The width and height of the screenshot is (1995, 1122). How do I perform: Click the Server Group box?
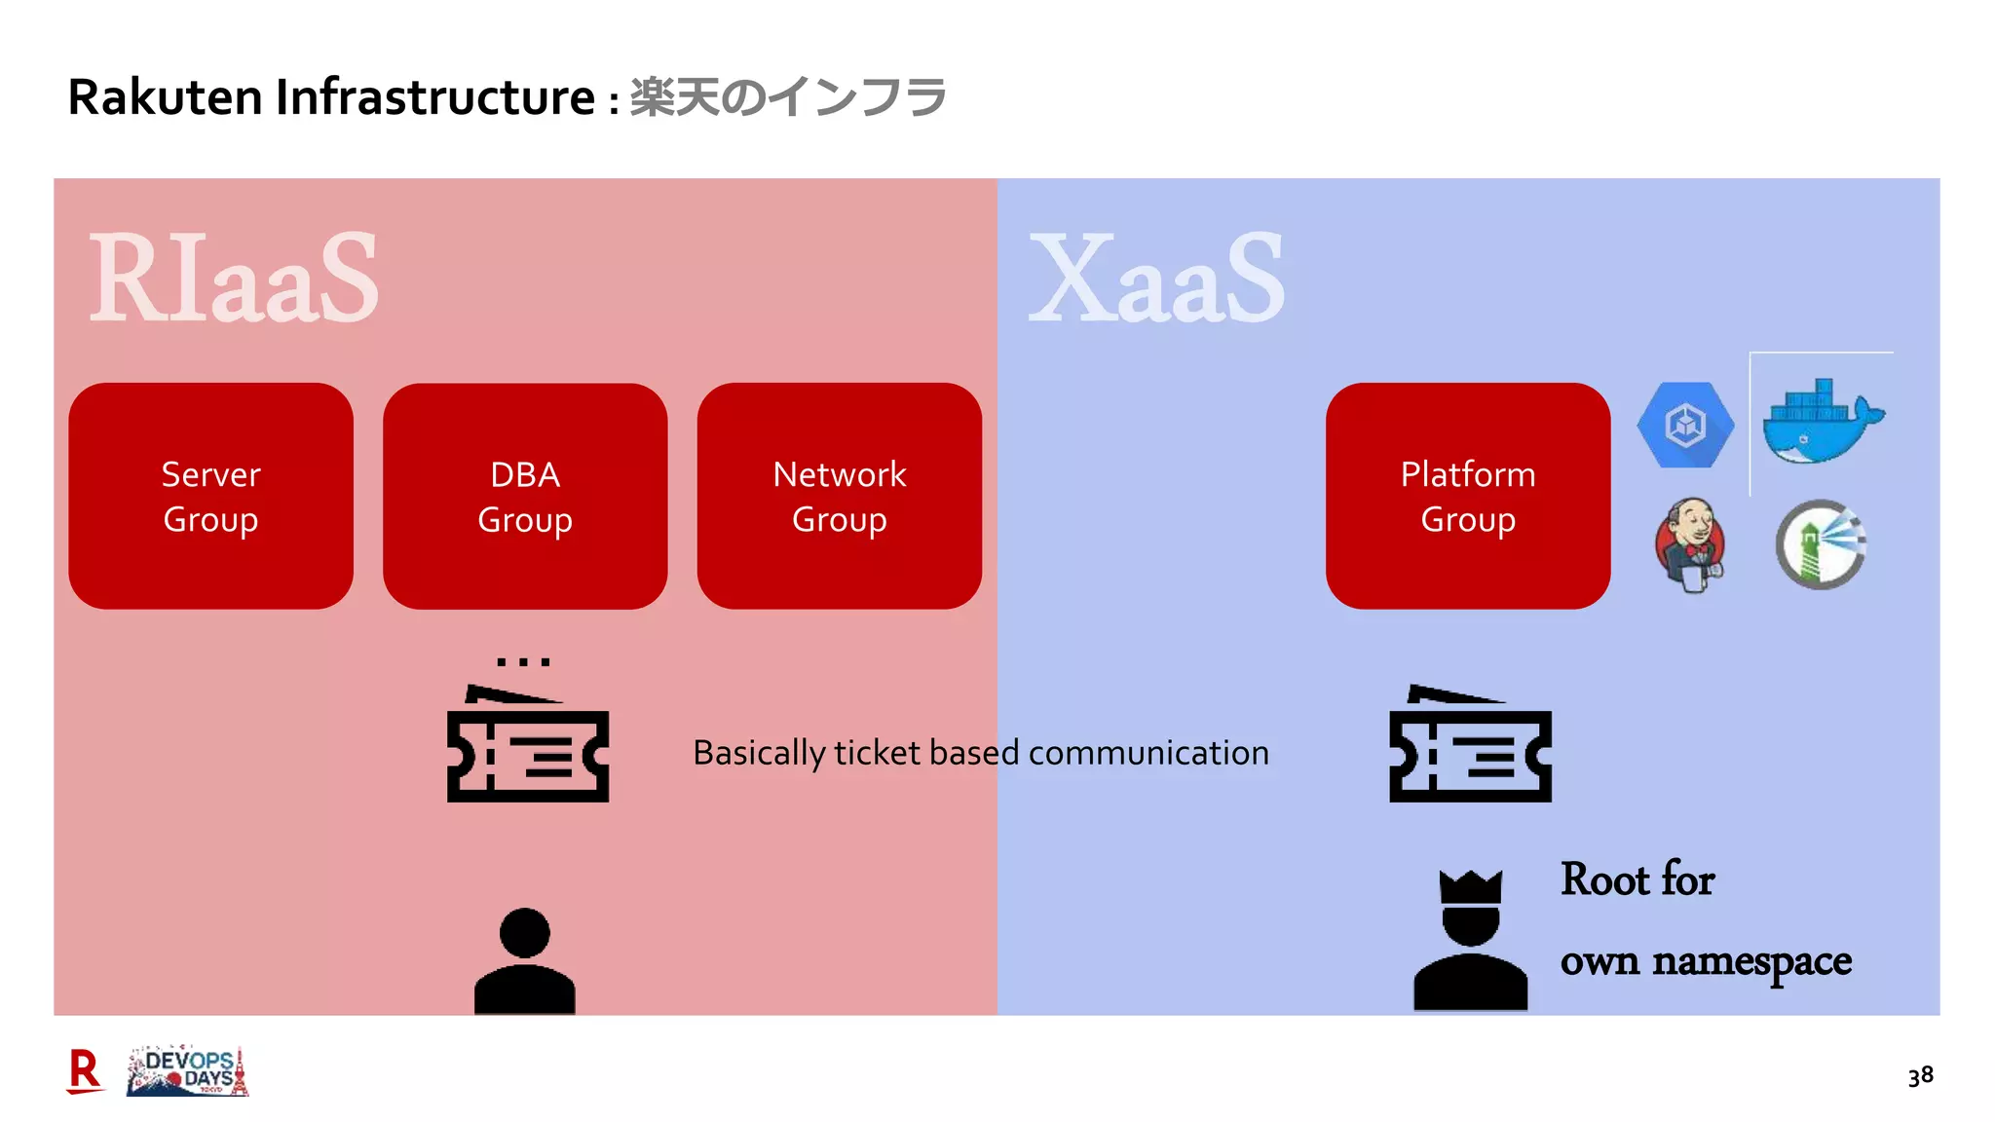pos(210,496)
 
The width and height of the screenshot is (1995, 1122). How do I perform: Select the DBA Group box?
pos(525,496)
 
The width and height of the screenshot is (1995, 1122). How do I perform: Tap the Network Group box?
pos(839,496)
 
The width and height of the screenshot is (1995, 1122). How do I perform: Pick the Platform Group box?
pos(1467,496)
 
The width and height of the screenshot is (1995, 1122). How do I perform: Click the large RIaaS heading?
pos(234,280)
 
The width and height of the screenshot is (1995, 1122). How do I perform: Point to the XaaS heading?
pos(1156,280)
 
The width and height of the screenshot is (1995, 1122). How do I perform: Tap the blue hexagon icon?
pos(1685,425)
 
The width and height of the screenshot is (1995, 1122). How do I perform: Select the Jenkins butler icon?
pos(1690,544)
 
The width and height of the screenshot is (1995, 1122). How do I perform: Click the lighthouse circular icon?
pos(1820,544)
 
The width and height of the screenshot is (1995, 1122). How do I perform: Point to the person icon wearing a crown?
pos(1470,940)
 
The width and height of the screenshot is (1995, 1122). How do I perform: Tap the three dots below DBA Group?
pos(524,662)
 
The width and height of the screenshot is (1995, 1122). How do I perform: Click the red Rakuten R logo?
pos(85,1071)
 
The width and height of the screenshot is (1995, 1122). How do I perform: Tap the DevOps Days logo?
pos(188,1071)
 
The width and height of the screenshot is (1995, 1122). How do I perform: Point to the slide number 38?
pos(1920,1076)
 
